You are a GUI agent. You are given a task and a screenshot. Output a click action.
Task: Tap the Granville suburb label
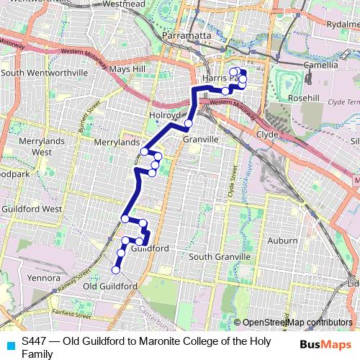pos(201,139)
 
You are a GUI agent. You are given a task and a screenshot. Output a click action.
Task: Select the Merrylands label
pos(117,143)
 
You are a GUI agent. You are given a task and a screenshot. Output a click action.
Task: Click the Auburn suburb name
pos(282,240)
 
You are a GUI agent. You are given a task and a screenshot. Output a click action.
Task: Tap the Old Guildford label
pos(110,287)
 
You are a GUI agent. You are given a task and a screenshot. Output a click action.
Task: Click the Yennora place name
pos(42,277)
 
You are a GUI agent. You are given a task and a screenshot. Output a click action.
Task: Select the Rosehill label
pos(283,97)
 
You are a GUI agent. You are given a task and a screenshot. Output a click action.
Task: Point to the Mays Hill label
pos(127,70)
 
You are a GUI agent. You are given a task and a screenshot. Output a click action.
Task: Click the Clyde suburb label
pos(267,134)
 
